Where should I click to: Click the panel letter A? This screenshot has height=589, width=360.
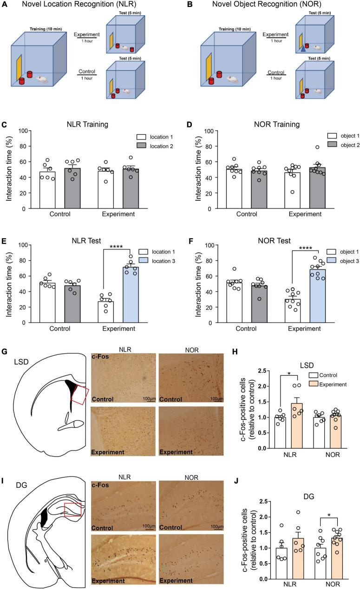(6, 6)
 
